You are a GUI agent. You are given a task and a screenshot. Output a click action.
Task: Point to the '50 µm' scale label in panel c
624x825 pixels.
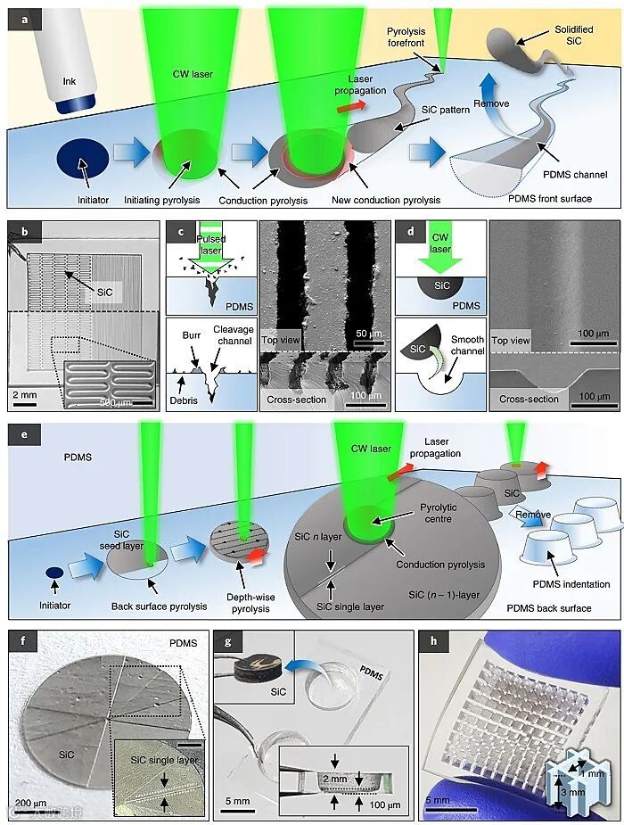tap(367, 333)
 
